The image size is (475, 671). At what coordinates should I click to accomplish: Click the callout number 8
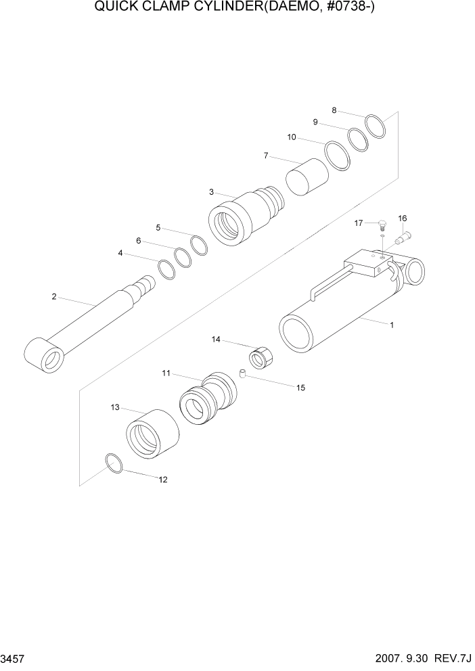pos(334,110)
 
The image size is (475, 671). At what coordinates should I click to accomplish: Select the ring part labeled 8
pos(376,126)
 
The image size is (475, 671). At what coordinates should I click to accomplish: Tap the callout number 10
pos(292,137)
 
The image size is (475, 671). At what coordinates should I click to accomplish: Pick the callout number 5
pos(158,227)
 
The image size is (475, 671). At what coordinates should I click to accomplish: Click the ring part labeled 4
pos(166,269)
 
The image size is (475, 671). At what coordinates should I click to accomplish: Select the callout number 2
pos(54,296)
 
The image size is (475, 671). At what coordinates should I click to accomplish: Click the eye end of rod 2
pos(44,356)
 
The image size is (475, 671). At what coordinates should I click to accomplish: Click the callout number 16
pos(403,218)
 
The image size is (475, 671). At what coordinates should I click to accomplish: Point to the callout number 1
pos(391,325)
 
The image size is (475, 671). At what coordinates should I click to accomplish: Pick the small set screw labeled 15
pos(242,373)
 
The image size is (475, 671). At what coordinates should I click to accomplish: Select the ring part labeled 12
pos(114,463)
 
